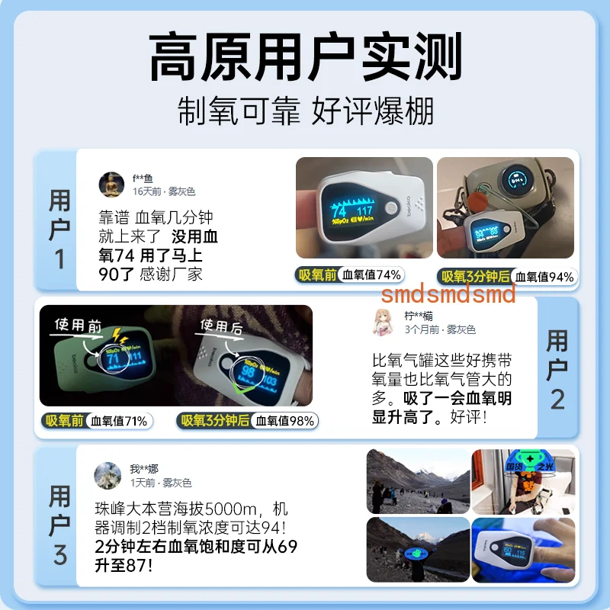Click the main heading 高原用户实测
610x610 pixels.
(x=305, y=59)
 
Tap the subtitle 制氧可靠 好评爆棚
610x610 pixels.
(x=305, y=111)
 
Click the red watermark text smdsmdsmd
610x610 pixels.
(x=448, y=294)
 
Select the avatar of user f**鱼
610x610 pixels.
(x=111, y=185)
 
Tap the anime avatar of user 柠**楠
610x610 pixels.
(x=384, y=322)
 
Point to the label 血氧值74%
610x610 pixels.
(x=371, y=275)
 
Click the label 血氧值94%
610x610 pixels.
(x=544, y=277)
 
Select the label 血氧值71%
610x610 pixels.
(x=120, y=420)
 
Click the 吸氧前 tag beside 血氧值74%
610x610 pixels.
(x=317, y=275)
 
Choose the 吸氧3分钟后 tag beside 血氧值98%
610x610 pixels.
(x=216, y=420)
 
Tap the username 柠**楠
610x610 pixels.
(x=419, y=316)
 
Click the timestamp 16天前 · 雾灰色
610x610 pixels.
(x=164, y=191)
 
